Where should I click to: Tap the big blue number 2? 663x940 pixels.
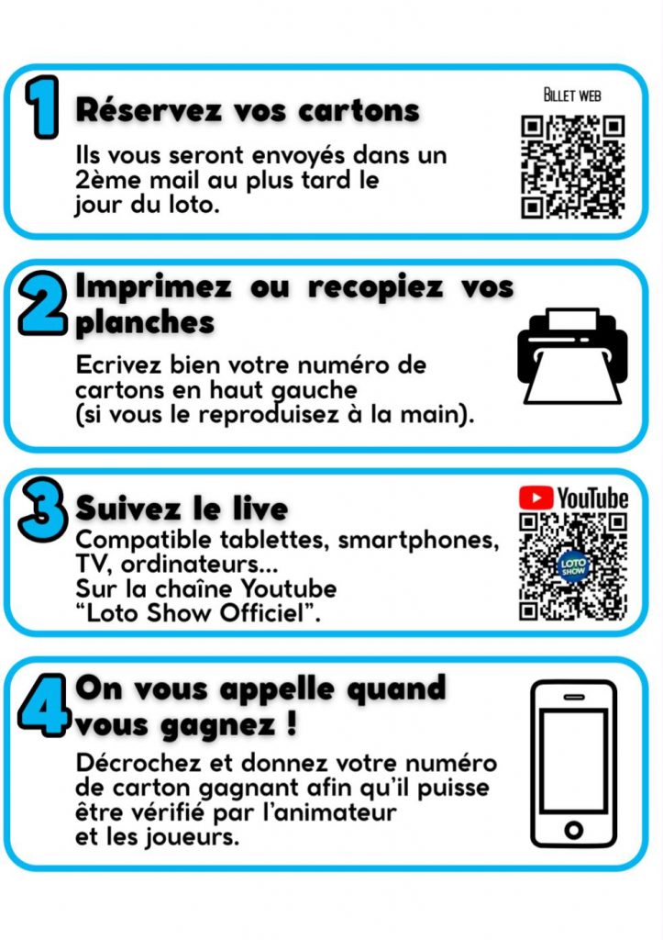42,303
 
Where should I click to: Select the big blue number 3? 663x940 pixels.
43,509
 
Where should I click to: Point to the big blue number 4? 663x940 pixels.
43,704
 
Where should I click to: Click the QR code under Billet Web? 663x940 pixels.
572,166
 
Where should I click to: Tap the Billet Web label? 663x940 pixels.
572,95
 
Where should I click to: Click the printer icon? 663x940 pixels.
572,356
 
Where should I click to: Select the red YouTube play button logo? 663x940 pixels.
536,498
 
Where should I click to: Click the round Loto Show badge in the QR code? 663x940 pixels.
573,566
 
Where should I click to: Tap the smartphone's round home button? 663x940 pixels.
573,830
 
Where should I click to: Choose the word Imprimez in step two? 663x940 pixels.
153,286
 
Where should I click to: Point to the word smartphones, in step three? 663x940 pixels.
418,540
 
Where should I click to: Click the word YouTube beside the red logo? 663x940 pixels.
593,498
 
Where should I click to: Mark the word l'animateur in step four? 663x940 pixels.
329,813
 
